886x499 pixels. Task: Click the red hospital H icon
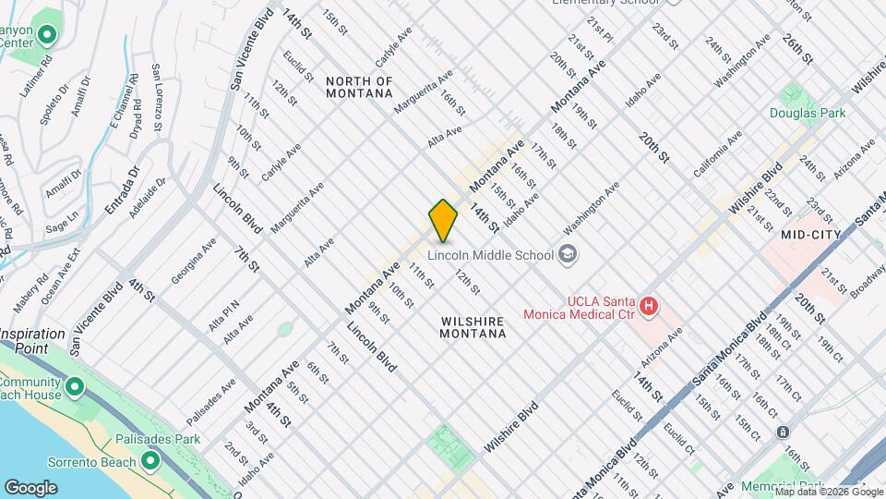pos(649,304)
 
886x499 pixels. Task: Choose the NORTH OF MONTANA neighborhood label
pos(359,88)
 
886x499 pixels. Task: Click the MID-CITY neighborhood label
pos(810,236)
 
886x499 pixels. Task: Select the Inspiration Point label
pos(37,340)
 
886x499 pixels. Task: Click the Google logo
pos(31,487)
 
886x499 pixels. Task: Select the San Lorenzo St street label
pos(156,98)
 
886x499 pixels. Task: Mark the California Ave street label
pos(718,154)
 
